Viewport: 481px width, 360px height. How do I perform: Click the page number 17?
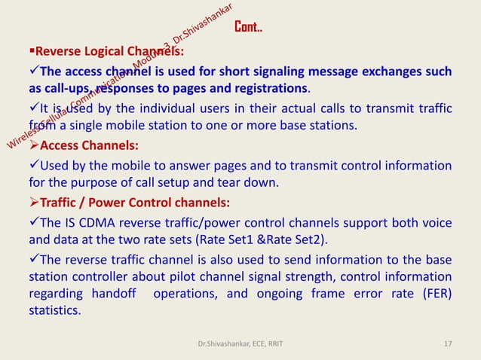[x=448, y=344]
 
